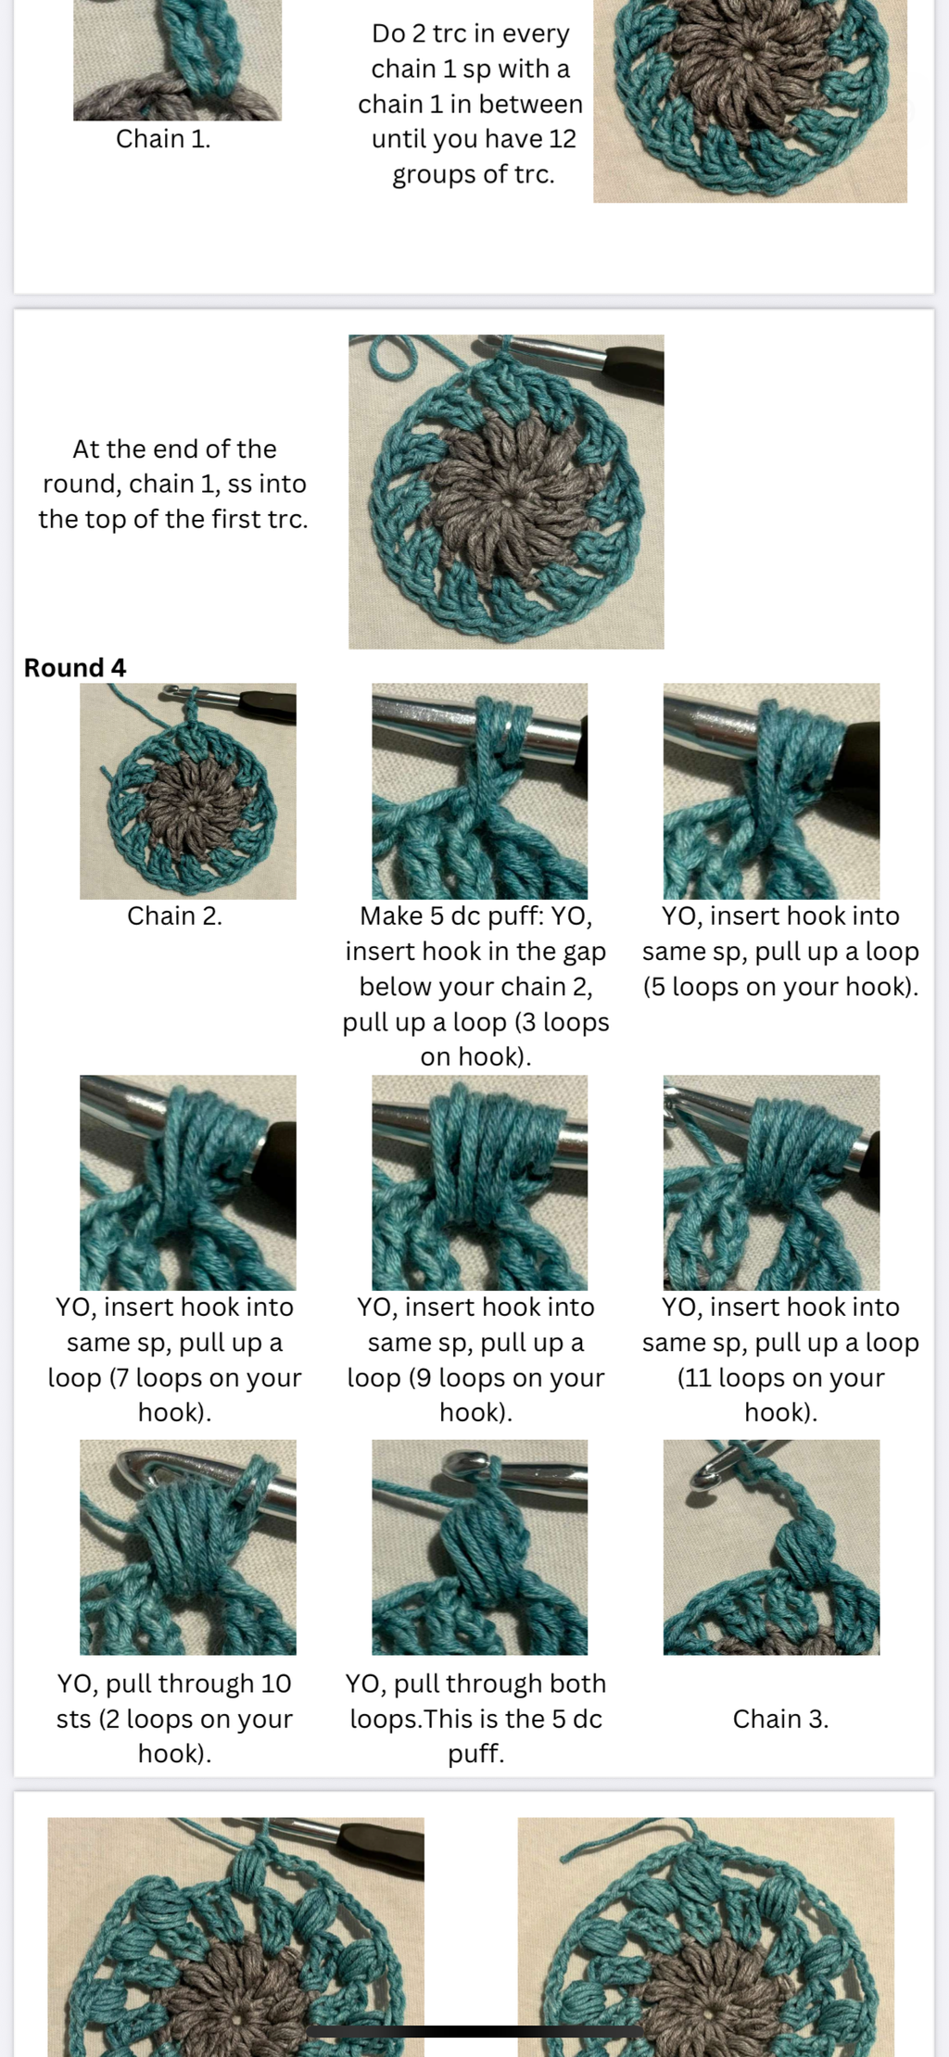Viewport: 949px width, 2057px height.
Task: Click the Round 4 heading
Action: click(x=75, y=668)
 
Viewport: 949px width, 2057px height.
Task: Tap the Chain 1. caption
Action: click(x=163, y=139)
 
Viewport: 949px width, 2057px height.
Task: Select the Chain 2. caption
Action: click(x=174, y=916)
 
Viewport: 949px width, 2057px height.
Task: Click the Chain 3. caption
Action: click(x=780, y=1720)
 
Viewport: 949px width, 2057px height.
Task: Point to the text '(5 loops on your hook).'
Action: click(x=780, y=987)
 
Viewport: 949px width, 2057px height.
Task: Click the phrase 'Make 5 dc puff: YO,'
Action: click(x=475, y=916)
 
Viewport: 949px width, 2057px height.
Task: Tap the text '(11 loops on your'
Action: click(x=780, y=1378)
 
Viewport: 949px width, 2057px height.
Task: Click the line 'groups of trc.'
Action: click(x=474, y=175)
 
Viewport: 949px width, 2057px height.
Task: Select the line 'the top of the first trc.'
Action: click(x=173, y=520)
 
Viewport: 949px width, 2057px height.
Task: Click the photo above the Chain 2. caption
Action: click(x=188, y=791)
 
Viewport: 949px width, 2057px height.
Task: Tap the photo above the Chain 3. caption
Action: click(x=771, y=1547)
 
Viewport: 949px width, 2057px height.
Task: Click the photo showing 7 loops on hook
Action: click(x=188, y=1183)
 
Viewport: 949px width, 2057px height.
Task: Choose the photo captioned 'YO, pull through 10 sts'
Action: click(x=188, y=1547)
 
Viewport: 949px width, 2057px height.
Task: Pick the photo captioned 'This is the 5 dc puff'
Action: click(x=479, y=1547)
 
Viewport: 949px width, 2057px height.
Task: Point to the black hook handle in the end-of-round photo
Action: click(x=634, y=359)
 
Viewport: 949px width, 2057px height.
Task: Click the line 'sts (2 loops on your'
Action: click(x=174, y=1720)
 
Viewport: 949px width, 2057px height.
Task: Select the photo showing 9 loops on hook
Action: click(x=479, y=1183)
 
